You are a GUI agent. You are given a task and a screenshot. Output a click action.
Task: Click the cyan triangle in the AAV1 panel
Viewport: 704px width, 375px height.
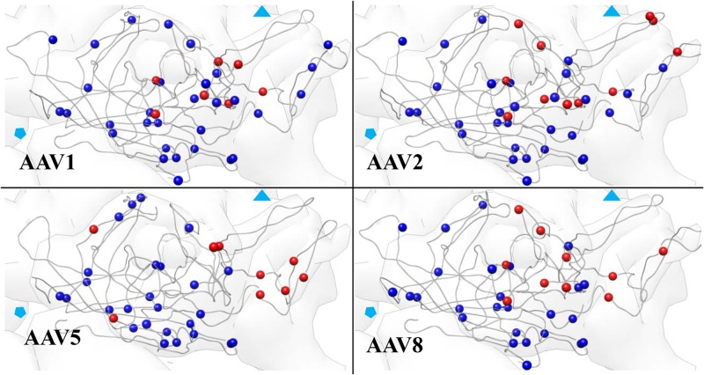tap(262, 12)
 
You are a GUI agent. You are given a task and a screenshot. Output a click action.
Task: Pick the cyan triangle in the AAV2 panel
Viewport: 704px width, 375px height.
tap(612, 11)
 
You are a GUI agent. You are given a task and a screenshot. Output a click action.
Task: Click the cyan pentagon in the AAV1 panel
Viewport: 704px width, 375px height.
tap(20, 133)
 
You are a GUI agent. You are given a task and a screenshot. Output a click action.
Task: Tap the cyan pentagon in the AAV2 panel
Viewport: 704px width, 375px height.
tap(370, 133)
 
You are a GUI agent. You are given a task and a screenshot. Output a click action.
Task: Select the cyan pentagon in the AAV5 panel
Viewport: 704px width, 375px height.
tap(20, 312)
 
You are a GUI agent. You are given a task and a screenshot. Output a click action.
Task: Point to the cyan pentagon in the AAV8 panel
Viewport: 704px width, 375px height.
tap(370, 312)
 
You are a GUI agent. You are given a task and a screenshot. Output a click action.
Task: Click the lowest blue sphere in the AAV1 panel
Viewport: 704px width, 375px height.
tap(179, 180)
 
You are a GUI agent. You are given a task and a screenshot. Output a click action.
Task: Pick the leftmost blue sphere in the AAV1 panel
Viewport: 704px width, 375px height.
tap(53, 39)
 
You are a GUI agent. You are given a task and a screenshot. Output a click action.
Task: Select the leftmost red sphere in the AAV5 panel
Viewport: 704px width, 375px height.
tap(93, 230)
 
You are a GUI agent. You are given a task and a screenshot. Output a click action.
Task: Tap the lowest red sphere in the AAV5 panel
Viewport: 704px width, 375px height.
tap(113, 318)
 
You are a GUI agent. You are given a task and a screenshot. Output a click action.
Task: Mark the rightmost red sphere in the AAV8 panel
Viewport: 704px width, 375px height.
tap(664, 251)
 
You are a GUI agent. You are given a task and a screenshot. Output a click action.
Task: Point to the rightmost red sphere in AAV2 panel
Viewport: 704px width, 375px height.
tap(677, 52)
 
